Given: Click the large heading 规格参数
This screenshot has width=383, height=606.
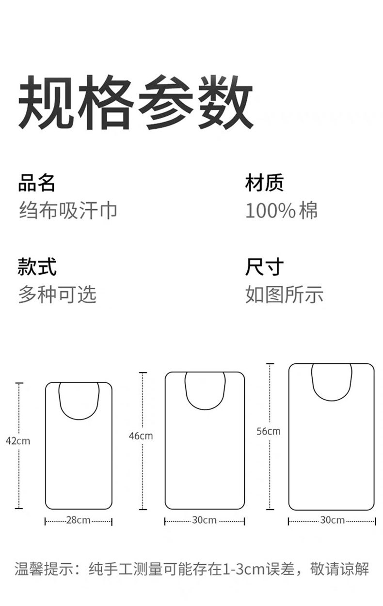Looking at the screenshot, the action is tap(136, 102).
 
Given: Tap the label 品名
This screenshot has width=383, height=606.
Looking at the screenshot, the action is tap(36, 184).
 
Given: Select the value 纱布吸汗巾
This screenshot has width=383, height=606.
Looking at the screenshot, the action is tap(68, 211).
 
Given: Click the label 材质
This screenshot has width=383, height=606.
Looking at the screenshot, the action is tap(264, 184).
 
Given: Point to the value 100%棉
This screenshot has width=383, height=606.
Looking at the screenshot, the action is tap(281, 211).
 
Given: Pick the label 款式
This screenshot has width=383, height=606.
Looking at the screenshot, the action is tap(36, 267).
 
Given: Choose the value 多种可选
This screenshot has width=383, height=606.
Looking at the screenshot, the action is tap(57, 294).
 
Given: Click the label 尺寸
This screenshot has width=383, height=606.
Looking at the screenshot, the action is tap(264, 267).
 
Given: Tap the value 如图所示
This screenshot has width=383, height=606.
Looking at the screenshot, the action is tap(284, 294).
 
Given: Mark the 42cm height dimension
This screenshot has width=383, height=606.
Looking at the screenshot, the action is tap(18, 441).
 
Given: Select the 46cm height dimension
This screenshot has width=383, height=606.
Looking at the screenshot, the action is tap(141, 436).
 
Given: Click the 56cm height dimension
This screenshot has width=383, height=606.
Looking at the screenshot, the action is tap(269, 431).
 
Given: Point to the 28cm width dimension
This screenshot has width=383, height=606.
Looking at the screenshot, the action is tap(78, 521).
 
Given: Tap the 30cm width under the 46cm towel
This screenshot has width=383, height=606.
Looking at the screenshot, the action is tap(204, 521).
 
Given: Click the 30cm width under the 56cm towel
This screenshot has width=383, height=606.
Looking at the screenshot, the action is tap(332, 521).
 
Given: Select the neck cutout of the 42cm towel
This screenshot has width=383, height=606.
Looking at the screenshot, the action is tap(79, 400).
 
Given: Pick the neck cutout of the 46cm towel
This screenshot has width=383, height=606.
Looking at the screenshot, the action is tap(205, 390).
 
